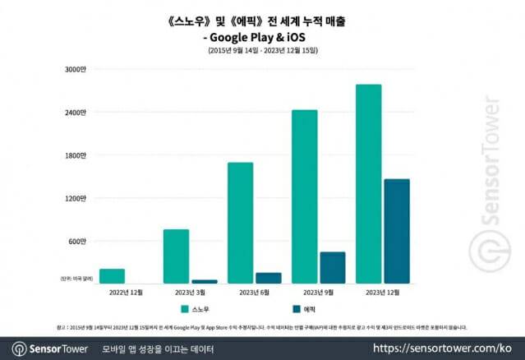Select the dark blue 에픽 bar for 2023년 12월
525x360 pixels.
coord(396,231)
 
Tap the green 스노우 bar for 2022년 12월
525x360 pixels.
coord(112,276)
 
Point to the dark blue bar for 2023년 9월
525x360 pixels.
coord(332,267)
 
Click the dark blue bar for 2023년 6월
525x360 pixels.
coord(268,278)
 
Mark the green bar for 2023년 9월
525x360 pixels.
coord(304,196)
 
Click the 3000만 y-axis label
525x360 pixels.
coord(75,69)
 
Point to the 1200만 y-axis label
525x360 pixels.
coord(75,198)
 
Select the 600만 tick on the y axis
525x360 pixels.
coord(76,241)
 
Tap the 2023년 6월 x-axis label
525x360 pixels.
coord(254,292)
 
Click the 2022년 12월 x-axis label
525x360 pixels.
coord(126,292)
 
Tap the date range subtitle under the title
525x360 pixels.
coord(262,51)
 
